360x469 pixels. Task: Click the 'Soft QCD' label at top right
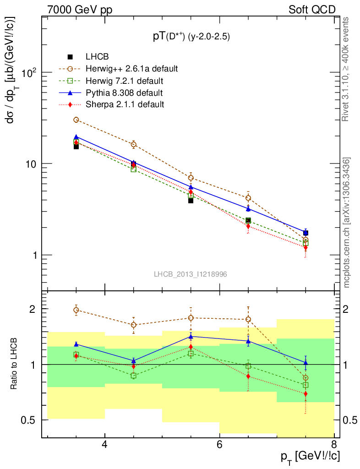click(x=312, y=10)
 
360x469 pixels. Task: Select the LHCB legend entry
click(x=96, y=57)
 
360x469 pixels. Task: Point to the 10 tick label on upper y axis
click(x=31, y=164)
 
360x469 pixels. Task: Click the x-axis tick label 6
click(x=219, y=445)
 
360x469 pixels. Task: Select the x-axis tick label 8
click(x=334, y=445)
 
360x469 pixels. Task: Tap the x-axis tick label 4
click(x=105, y=445)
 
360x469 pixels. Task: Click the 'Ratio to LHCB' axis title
click(x=15, y=364)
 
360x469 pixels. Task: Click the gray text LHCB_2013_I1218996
click(x=191, y=274)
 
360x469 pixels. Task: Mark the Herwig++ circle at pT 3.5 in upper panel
click(x=76, y=120)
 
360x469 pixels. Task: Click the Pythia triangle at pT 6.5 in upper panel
click(x=248, y=209)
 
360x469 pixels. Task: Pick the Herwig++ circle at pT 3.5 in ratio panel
click(x=76, y=310)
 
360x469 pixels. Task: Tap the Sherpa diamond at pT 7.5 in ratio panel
click(x=305, y=394)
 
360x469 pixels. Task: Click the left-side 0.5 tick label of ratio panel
click(x=31, y=420)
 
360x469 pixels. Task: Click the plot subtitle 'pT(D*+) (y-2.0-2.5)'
click(x=191, y=37)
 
